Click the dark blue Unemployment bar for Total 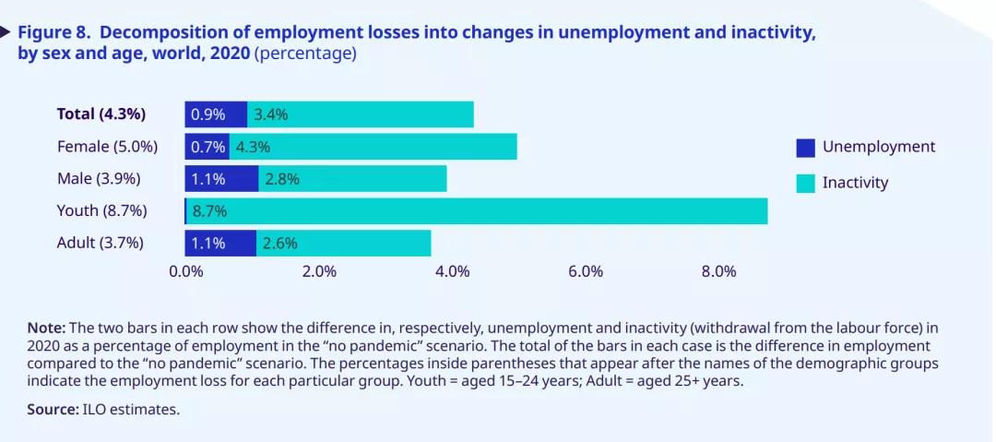click(216, 114)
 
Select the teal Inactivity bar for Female click(387, 147)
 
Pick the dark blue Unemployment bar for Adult click(220, 244)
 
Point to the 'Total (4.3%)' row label click(101, 114)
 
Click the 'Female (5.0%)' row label click(107, 147)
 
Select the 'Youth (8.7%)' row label click(102, 210)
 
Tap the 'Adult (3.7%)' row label click(101, 244)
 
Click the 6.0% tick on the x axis click(586, 271)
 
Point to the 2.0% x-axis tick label click(319, 271)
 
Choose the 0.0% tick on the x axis click(186, 271)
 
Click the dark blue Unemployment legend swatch click(806, 148)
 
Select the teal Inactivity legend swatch click(806, 184)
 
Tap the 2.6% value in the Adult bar click(279, 244)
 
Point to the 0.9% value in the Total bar click(207, 114)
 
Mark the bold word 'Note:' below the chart click(46, 328)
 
